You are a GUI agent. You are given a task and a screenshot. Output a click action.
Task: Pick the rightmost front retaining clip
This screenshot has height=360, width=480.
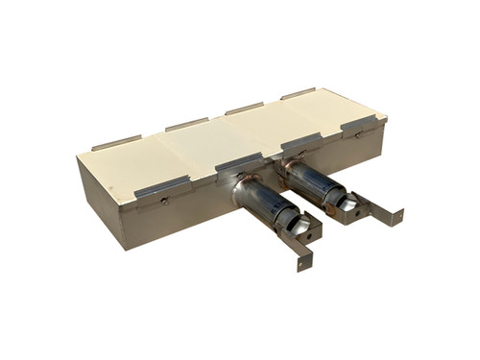tap(359, 124)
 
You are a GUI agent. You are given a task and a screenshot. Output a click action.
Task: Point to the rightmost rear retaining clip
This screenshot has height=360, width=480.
tap(298, 93)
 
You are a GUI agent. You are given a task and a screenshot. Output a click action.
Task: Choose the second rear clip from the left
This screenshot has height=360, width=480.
tap(186, 124)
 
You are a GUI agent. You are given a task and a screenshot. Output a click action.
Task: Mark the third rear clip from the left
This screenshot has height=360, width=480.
tap(244, 108)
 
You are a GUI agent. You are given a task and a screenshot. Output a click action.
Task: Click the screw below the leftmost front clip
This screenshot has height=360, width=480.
tap(164, 202)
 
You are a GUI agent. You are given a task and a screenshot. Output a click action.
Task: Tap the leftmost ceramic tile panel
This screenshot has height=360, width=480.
tap(125, 163)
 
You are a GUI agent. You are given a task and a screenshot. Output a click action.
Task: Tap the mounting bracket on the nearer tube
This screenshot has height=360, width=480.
tap(300, 250)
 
